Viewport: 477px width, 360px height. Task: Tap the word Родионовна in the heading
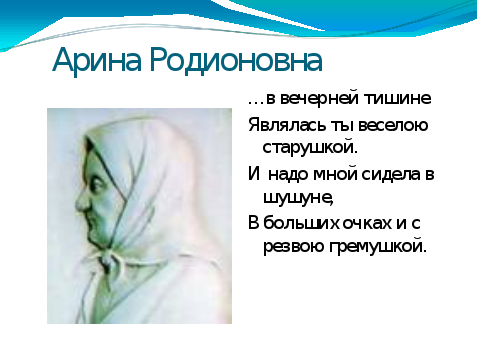[x=236, y=61]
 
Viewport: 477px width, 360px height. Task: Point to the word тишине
[x=397, y=99]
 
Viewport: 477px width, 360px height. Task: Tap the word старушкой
[x=310, y=148]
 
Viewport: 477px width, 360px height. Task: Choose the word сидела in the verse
[x=391, y=174]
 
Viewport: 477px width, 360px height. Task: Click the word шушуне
[x=298, y=198]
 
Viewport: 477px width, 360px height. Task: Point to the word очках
[x=362, y=223]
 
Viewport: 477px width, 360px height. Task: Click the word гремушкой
[x=378, y=247]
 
